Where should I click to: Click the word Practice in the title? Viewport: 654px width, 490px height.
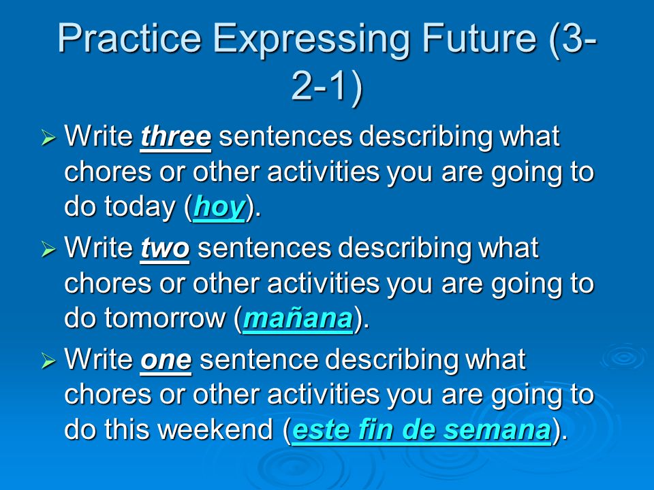(129, 38)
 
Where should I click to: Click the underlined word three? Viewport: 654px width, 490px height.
(176, 136)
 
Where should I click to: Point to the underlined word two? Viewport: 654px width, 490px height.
(165, 248)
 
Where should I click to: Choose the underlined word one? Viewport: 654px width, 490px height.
(166, 361)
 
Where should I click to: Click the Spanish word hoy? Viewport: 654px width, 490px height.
(219, 208)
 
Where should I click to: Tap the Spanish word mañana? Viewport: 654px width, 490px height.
(298, 318)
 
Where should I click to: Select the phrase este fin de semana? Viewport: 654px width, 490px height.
(421, 430)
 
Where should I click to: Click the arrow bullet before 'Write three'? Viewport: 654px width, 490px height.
(48, 137)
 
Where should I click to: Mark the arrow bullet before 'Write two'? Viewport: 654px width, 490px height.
(48, 250)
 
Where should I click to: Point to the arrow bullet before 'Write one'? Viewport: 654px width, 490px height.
(48, 361)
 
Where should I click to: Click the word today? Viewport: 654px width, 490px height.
(140, 207)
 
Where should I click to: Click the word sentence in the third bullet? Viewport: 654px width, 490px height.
(259, 360)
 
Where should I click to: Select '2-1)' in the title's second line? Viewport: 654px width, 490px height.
(328, 86)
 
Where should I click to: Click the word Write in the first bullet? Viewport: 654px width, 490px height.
(98, 136)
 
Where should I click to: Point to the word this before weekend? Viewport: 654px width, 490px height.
(127, 429)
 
